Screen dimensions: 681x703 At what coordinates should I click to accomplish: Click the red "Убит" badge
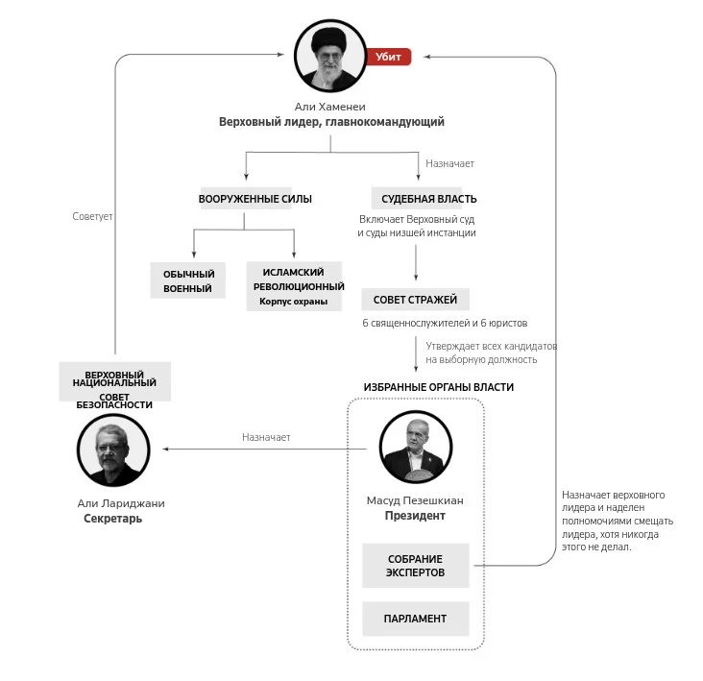pos(388,57)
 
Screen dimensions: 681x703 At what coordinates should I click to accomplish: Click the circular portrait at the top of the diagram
pos(330,57)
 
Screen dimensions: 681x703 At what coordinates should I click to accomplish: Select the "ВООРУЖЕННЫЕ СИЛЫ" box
pos(255,199)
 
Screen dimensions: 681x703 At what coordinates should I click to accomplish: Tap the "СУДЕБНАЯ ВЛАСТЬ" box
pos(416,199)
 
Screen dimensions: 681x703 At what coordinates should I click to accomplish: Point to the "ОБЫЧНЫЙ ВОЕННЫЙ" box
pos(188,280)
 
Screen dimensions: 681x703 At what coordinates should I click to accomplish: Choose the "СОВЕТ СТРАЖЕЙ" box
pos(415,300)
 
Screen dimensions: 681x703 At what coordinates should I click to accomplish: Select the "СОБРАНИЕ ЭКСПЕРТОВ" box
pos(415,566)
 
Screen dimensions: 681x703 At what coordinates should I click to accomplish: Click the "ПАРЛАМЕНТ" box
pos(415,619)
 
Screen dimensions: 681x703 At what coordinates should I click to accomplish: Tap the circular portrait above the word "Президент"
pos(415,450)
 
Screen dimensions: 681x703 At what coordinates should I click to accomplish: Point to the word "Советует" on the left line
pos(92,217)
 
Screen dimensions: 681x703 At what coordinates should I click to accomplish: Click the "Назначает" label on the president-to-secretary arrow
pos(266,437)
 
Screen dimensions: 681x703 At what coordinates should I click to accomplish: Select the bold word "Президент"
pos(415,516)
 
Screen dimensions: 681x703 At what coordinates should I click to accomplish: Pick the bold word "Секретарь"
pos(113,519)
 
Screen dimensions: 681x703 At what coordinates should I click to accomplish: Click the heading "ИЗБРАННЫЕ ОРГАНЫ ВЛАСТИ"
pos(438,387)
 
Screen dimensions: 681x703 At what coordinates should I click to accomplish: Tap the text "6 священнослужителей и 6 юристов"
pos(445,323)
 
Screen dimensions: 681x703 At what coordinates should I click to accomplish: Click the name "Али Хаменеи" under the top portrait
pos(330,107)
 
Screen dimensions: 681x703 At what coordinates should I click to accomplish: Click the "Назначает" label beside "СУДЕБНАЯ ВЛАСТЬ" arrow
pos(449,163)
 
